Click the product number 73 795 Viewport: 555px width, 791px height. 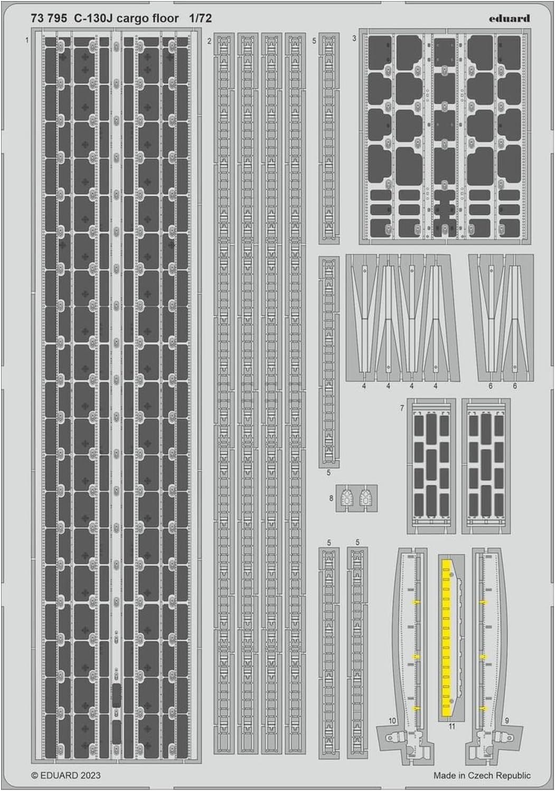pos(49,19)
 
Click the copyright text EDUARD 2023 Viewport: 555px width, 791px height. pos(66,775)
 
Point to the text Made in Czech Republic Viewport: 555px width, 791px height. pos(482,775)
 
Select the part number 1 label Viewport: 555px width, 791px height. pos(26,40)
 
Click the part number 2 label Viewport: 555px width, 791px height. pos(210,41)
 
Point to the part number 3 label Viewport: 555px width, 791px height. pos(354,39)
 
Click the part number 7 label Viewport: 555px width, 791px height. pos(402,408)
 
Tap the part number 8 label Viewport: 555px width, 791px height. pos(331,497)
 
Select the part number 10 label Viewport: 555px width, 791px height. pos(392,720)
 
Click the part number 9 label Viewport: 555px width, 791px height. pos(507,720)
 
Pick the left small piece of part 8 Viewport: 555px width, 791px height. pos(346,497)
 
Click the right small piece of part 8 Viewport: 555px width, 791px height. pos(364,497)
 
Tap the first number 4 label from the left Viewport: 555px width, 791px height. pos(364,387)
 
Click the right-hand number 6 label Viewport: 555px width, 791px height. pos(515,387)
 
